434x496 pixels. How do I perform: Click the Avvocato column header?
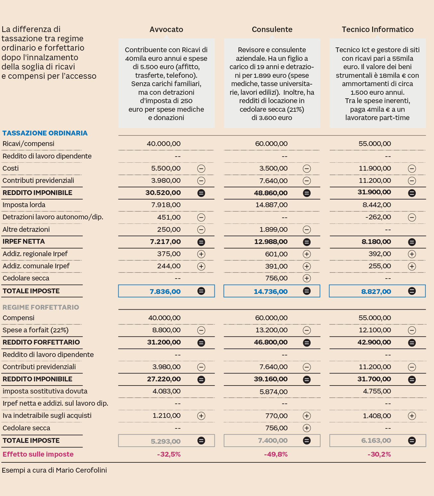(166, 29)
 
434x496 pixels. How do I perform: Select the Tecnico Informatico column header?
(377, 29)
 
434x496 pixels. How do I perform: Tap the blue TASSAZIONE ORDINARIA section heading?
(45, 133)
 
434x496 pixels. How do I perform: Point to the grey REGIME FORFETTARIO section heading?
(41, 307)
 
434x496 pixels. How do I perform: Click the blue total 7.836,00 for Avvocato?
(165, 291)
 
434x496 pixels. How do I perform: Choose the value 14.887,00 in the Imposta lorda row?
(271, 205)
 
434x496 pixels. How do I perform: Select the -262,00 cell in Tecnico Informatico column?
(378, 217)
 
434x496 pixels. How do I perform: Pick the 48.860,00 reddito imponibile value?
(271, 193)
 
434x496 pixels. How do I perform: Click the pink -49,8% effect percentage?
(276, 454)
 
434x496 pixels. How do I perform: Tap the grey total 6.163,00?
(376, 441)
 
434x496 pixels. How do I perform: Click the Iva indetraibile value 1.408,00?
(377, 416)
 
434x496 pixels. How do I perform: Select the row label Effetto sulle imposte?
(38, 454)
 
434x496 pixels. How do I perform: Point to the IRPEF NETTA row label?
(24, 242)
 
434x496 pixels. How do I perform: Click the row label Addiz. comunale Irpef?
(36, 266)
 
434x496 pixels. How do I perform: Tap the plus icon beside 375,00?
(201, 254)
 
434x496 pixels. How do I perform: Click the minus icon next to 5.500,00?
(201, 168)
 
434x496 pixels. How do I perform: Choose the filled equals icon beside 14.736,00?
(306, 291)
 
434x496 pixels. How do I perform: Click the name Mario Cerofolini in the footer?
(81, 470)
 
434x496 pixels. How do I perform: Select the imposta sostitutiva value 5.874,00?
(273, 392)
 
